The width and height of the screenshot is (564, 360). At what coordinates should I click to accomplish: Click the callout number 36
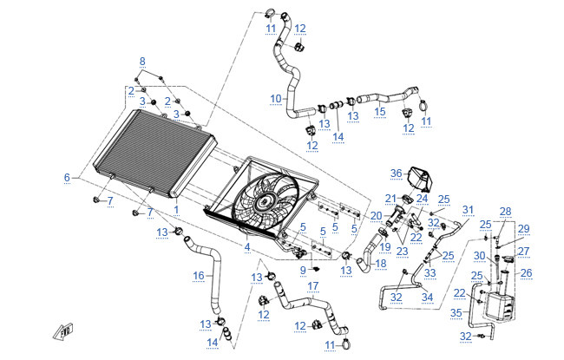396,173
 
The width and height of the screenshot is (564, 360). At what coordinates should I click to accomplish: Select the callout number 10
276,99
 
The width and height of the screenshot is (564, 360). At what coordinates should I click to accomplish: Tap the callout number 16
199,276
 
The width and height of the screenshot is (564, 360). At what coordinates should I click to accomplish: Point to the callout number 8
143,60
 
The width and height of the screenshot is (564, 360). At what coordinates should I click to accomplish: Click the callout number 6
66,178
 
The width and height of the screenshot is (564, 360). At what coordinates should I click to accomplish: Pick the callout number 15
380,111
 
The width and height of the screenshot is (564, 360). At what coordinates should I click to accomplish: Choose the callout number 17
313,285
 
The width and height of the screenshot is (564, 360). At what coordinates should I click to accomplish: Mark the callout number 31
468,210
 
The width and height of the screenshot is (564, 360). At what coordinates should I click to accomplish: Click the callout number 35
457,311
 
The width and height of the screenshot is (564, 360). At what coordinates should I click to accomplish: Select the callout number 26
526,272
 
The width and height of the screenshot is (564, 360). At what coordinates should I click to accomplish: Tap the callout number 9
303,270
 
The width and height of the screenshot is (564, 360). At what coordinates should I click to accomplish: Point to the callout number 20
376,215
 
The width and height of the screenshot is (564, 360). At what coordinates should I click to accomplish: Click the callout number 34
428,297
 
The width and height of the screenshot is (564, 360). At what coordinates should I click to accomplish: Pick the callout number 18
381,262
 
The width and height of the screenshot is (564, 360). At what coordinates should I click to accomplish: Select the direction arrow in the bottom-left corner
63,329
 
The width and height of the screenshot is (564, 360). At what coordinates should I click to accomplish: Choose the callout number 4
247,248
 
